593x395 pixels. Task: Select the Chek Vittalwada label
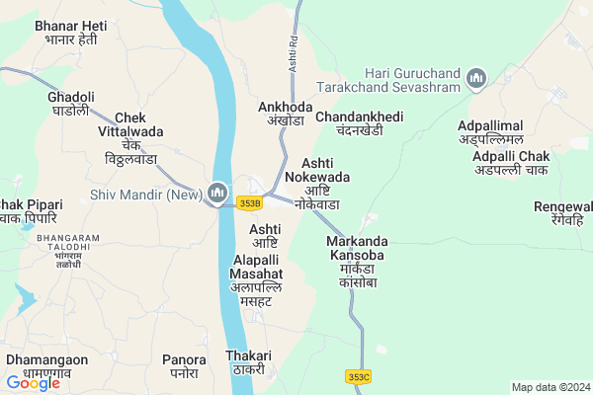[x=130, y=137]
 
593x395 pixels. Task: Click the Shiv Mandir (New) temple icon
[x=218, y=191]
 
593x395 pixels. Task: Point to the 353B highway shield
[x=249, y=203]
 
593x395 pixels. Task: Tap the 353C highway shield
[x=359, y=376]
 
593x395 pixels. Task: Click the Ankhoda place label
[x=285, y=114]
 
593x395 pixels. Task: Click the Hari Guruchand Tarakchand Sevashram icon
[x=475, y=78]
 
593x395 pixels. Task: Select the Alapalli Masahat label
[x=257, y=279]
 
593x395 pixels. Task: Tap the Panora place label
[x=184, y=365]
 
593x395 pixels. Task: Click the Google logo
[x=33, y=383]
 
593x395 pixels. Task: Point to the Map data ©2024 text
[x=550, y=387]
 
